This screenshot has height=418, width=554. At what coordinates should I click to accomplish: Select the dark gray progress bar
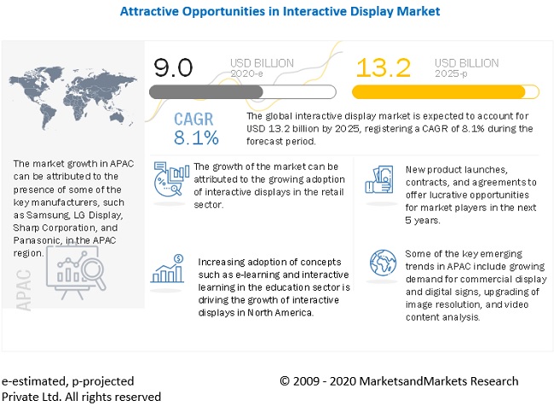pyautogui.click(x=205, y=91)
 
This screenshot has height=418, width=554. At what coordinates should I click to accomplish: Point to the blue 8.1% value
pyautogui.click(x=196, y=137)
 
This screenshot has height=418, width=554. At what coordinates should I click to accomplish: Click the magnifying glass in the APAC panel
pyautogui.click(x=90, y=275)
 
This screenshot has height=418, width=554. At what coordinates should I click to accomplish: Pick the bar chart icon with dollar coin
pyautogui.click(x=168, y=270)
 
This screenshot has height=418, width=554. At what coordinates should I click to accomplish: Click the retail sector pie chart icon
pyautogui.click(x=170, y=180)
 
